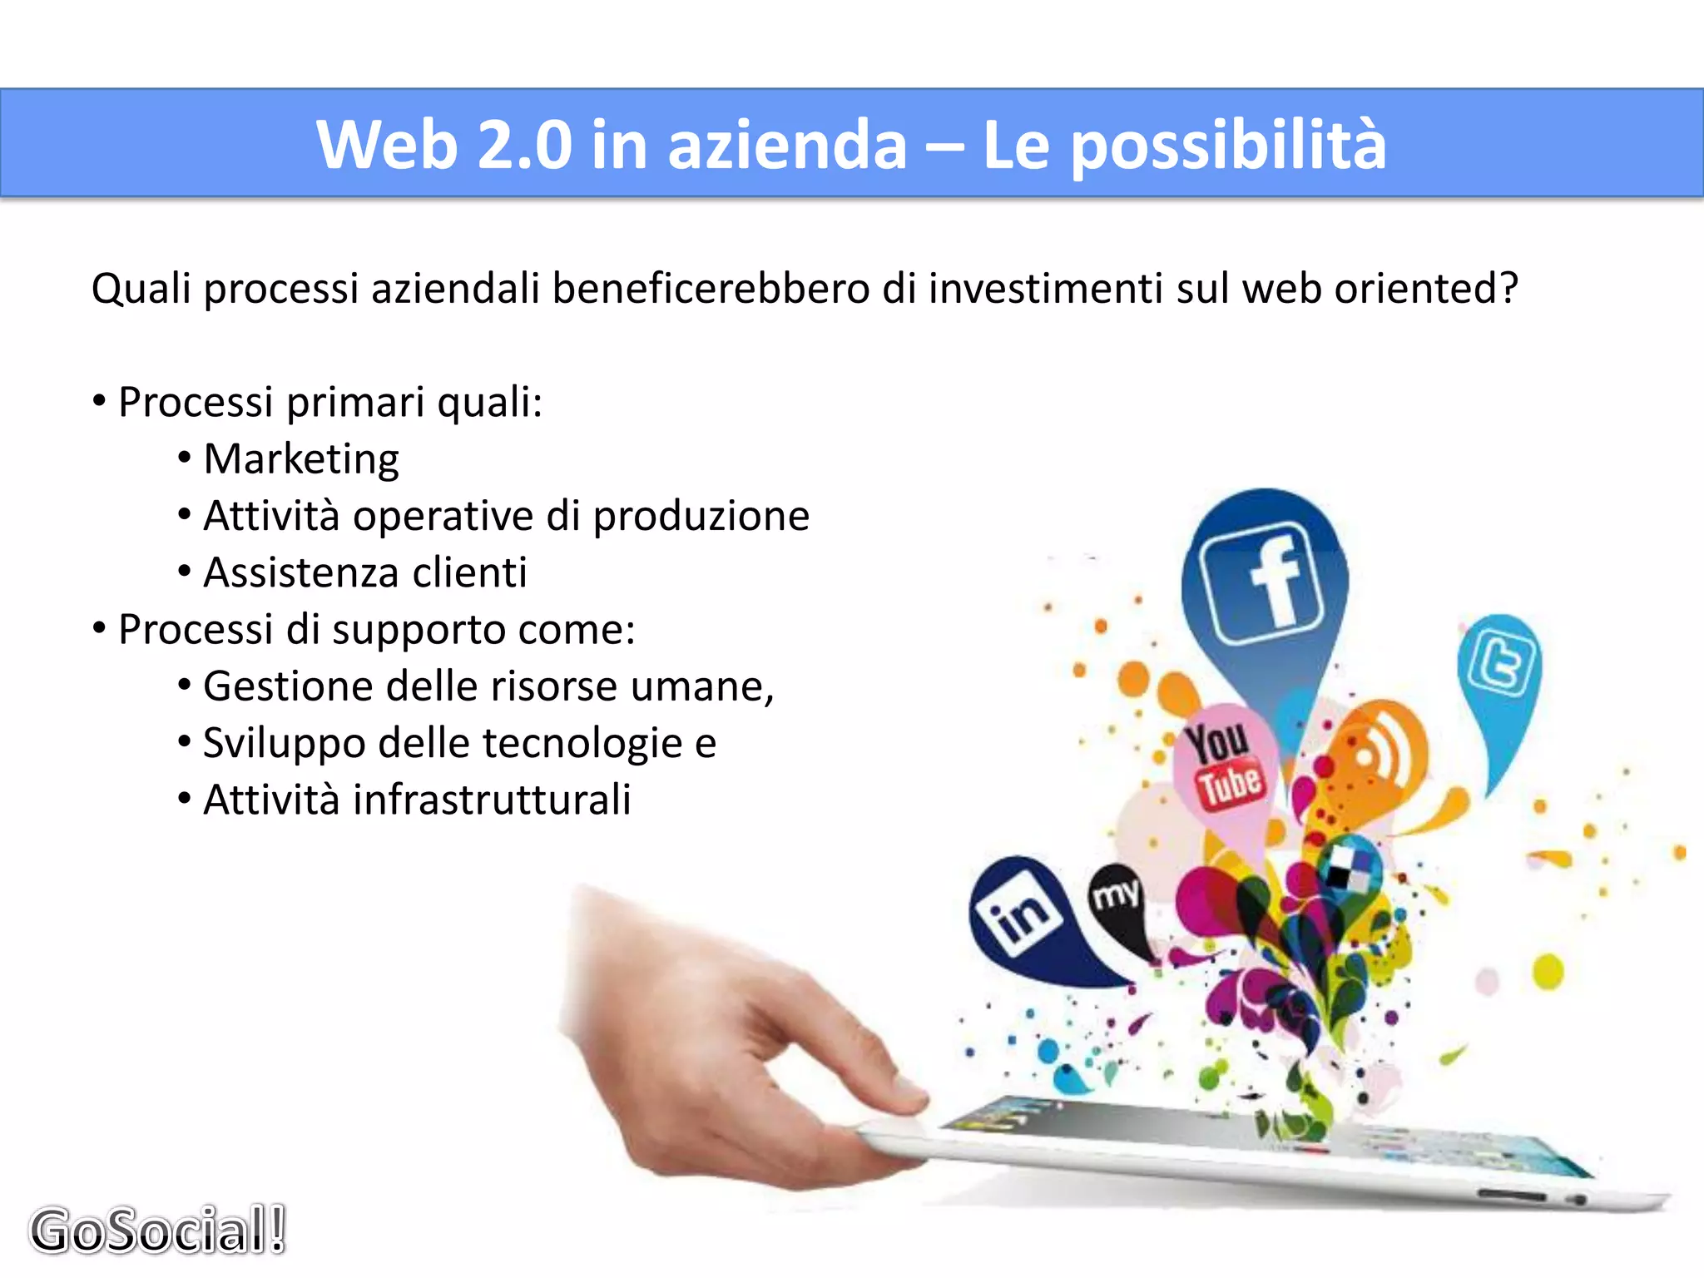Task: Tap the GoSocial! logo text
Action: pyautogui.click(x=158, y=1230)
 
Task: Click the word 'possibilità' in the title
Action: pyautogui.click(x=1228, y=145)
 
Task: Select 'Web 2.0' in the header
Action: pyautogui.click(x=444, y=145)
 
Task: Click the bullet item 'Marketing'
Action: pyautogui.click(x=301, y=459)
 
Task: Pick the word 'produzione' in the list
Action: pyautogui.click(x=701, y=516)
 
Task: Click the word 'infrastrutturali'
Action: pyautogui.click(x=492, y=800)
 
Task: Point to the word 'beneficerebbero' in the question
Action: pyautogui.click(x=711, y=289)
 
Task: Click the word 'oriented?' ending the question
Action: pyautogui.click(x=1426, y=289)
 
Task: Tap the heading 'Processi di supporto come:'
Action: pyautogui.click(x=376, y=629)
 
